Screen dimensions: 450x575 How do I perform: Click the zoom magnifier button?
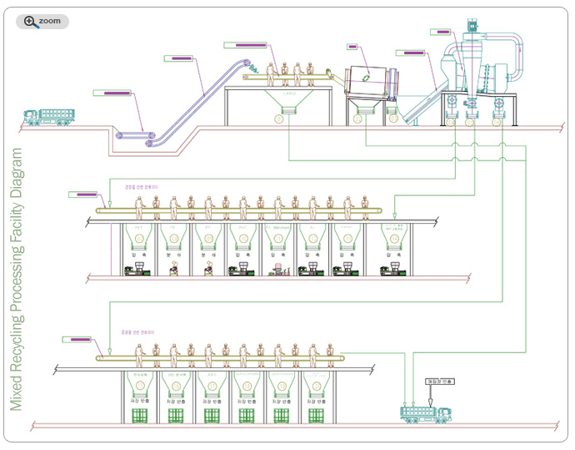pyautogui.click(x=42, y=21)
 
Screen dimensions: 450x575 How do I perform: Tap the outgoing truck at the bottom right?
pyautogui.click(x=426, y=413)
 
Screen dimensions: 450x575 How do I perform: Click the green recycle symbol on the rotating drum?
pyautogui.click(x=367, y=80)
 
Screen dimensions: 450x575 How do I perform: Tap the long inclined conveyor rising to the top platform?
pyautogui.click(x=200, y=92)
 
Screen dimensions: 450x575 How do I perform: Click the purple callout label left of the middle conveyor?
pyautogui.click(x=82, y=194)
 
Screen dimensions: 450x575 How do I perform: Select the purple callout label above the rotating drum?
pyautogui.click(x=352, y=46)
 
